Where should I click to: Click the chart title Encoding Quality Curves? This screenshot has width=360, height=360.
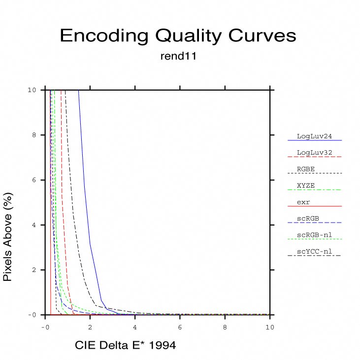178,36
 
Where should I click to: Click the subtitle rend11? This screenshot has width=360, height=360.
179,56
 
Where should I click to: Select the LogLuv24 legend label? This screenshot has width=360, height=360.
312,136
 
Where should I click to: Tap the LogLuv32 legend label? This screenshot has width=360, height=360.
312,153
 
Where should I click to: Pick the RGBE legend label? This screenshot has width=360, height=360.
306,169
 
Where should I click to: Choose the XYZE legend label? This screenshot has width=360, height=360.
306,186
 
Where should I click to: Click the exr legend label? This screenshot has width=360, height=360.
303,202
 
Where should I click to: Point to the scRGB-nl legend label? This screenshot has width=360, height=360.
314,235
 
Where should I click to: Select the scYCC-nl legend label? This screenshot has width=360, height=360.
314,252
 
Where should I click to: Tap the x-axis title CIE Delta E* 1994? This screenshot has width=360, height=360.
125,346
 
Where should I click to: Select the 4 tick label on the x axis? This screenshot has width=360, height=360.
135,327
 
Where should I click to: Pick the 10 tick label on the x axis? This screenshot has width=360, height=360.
270,327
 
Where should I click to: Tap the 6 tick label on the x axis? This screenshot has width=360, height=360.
180,327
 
